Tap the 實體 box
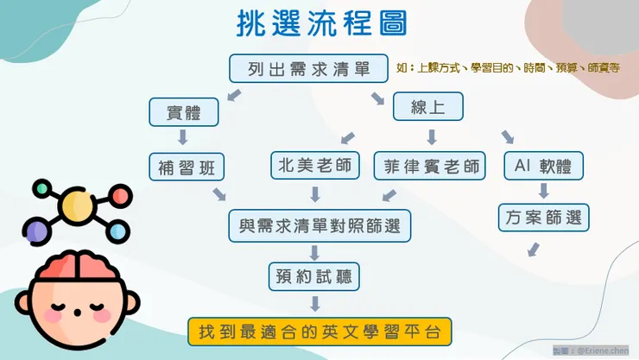[182, 111]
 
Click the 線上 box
[427, 106]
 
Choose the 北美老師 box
[314, 164]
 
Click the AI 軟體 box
[543, 165]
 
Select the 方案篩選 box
[543, 217]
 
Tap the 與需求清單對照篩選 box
[319, 225]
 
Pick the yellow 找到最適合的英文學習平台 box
[319, 331]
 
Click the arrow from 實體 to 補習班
[182, 137]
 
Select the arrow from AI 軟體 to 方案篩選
[543, 191]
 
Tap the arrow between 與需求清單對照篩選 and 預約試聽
[315, 251]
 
